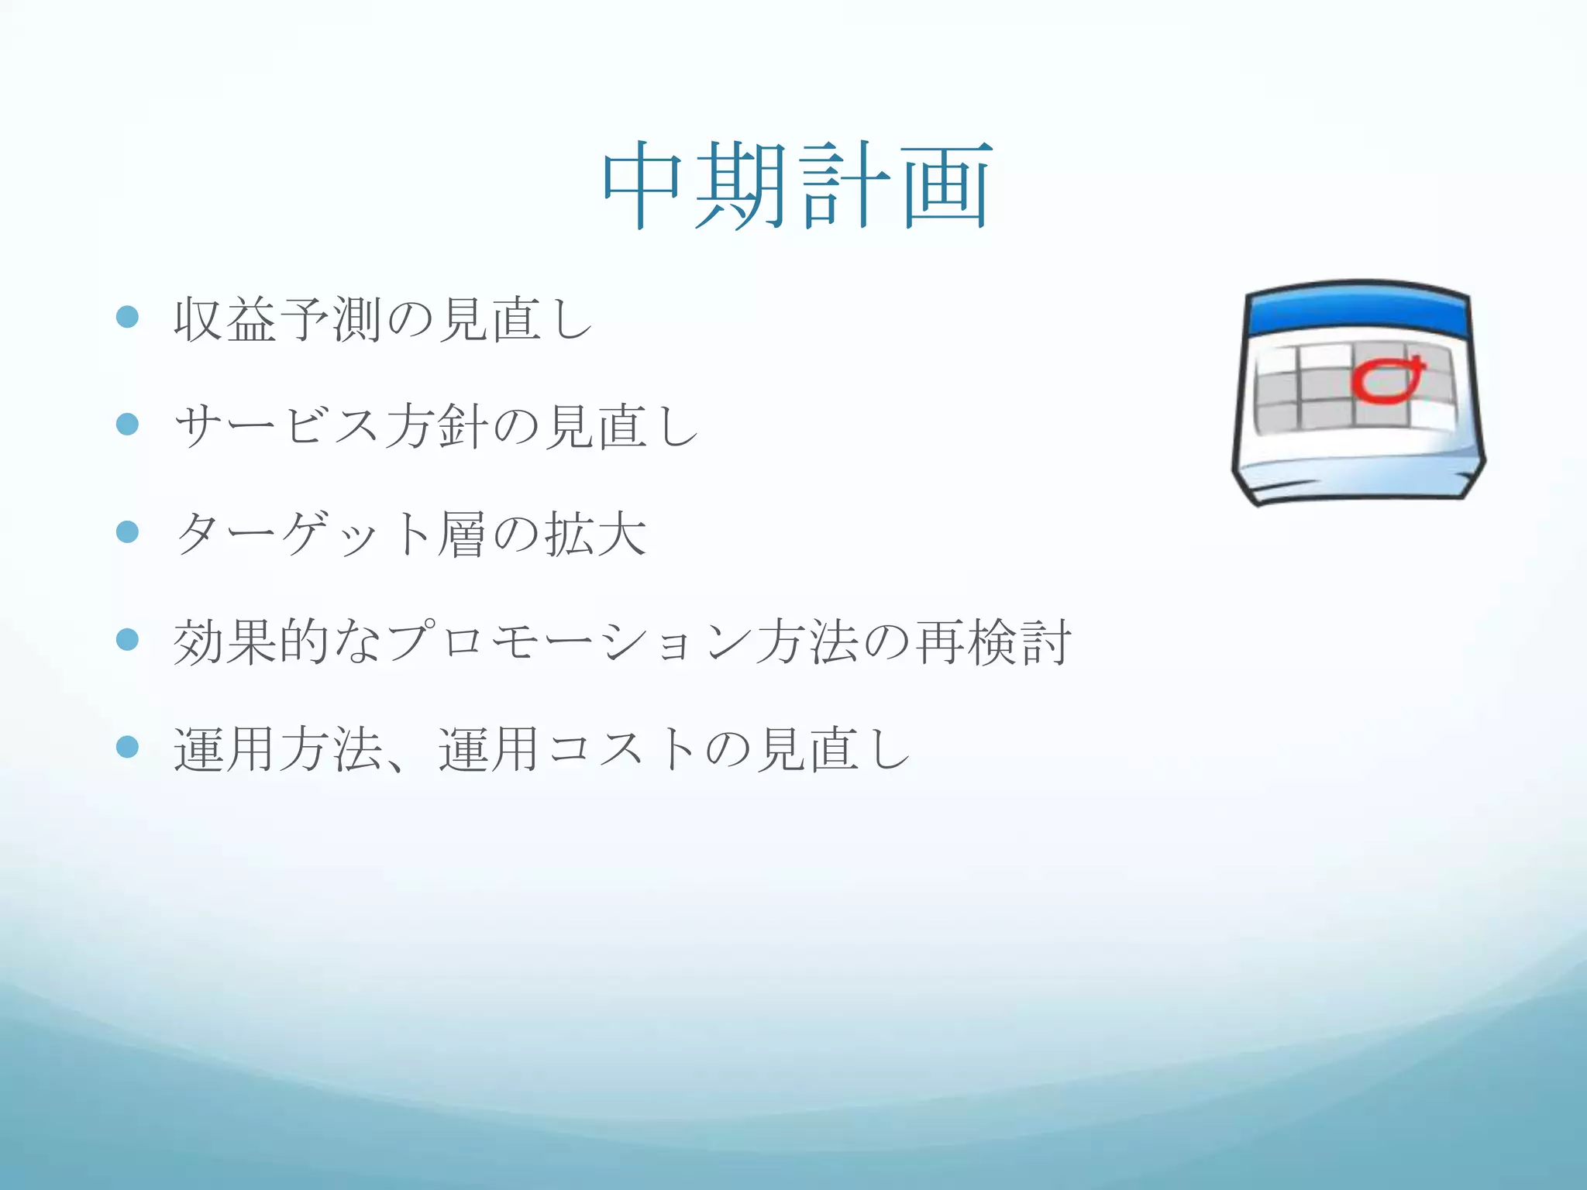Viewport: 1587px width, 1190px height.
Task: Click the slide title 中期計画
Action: pos(797,186)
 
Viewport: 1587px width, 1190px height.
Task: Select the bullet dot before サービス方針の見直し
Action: pos(127,424)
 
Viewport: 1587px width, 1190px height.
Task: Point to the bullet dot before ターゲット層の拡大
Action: pos(127,531)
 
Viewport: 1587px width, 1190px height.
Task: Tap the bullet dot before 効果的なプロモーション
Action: pos(127,639)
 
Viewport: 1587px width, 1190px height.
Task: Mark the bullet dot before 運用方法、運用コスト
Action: pos(127,747)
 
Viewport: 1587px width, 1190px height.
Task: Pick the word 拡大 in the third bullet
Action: pos(595,535)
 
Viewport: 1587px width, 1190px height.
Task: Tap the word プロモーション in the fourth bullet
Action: pos(570,642)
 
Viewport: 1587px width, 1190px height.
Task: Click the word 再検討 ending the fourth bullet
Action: pos(994,642)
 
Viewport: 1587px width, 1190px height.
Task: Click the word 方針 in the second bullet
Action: pos(435,427)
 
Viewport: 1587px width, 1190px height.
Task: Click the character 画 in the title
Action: pos(947,186)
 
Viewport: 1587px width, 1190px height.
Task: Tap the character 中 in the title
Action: pos(642,186)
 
